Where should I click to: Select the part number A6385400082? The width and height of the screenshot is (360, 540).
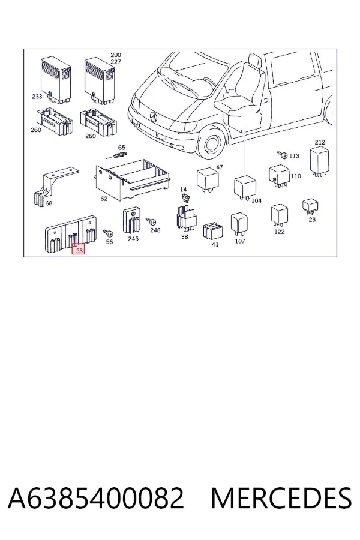pos(96,498)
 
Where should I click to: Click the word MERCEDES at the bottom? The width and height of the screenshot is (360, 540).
pos(281,498)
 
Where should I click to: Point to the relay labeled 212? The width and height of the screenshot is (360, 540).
pos(319,161)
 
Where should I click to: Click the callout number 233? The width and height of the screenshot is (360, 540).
pos(37,97)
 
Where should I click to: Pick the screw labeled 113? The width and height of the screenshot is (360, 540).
pos(283,155)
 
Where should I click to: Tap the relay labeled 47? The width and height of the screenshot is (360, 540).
pos(208,180)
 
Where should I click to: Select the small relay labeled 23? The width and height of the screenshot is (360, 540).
pos(310,206)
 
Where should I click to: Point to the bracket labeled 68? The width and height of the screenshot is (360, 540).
pos(52,188)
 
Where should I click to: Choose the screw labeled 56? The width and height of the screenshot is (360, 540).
pos(108,234)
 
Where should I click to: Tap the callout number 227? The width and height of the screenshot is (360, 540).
pos(116,62)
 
